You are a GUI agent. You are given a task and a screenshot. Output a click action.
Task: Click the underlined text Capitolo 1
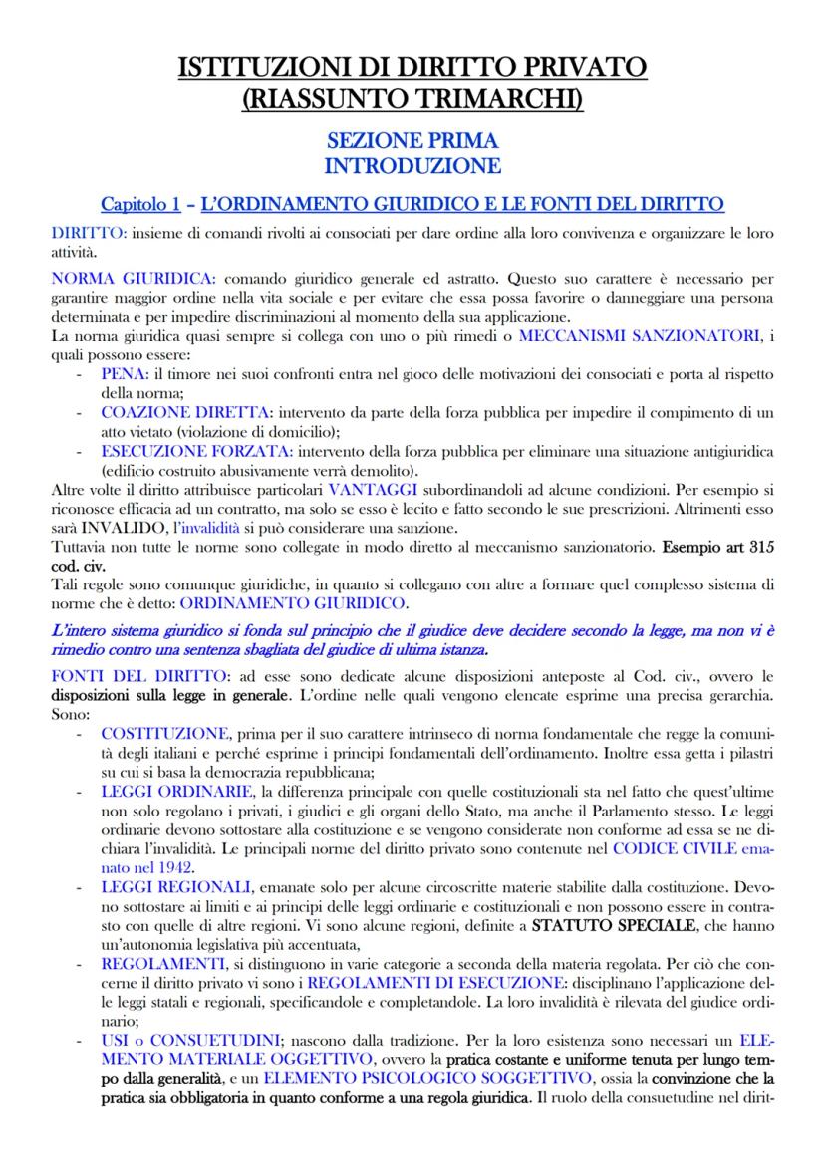pyautogui.click(x=140, y=204)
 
